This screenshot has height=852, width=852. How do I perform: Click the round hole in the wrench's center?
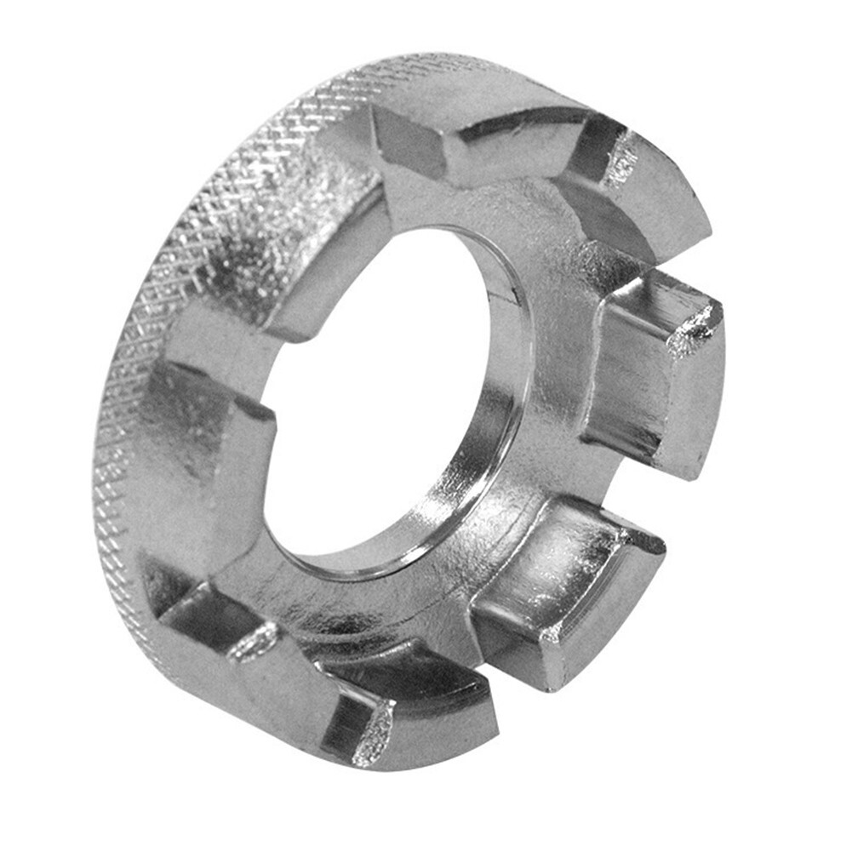point(375,400)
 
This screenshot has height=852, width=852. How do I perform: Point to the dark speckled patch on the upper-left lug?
point(255,238)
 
